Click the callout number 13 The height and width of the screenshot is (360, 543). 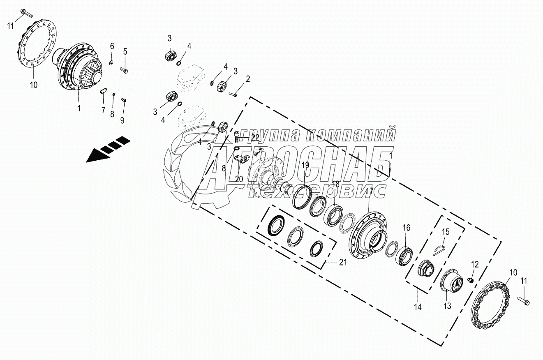tap(447, 306)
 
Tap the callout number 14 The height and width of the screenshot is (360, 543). tap(418, 307)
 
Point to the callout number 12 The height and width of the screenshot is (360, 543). tap(475, 265)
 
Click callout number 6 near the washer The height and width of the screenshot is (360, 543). tap(111, 46)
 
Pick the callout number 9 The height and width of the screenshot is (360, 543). tap(122, 120)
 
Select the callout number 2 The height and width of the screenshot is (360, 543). tap(248, 78)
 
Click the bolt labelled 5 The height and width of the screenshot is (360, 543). tap(125, 70)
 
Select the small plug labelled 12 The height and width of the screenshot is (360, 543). tap(471, 280)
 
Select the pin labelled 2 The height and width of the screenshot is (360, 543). tap(232, 95)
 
